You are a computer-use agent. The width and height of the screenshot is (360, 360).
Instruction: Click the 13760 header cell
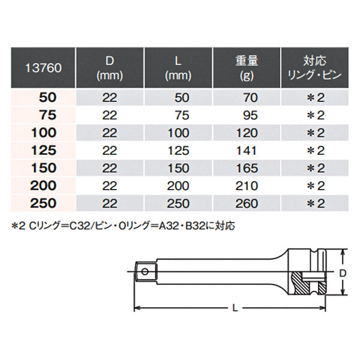click(43, 68)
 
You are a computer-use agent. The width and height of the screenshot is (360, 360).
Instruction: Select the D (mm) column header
click(110, 68)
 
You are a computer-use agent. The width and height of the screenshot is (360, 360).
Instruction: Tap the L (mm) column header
click(178, 68)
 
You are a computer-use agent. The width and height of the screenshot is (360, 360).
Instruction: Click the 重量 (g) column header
click(247, 68)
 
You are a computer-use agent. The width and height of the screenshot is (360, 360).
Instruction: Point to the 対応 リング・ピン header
click(315, 68)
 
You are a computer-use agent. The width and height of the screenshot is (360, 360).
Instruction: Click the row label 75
click(48, 115)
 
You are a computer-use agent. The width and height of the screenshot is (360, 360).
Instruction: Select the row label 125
click(44, 151)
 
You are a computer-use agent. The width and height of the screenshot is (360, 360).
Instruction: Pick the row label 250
click(43, 203)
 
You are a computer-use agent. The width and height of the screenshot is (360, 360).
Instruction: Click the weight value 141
click(247, 151)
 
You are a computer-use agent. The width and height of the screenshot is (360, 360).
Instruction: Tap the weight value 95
click(250, 115)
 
